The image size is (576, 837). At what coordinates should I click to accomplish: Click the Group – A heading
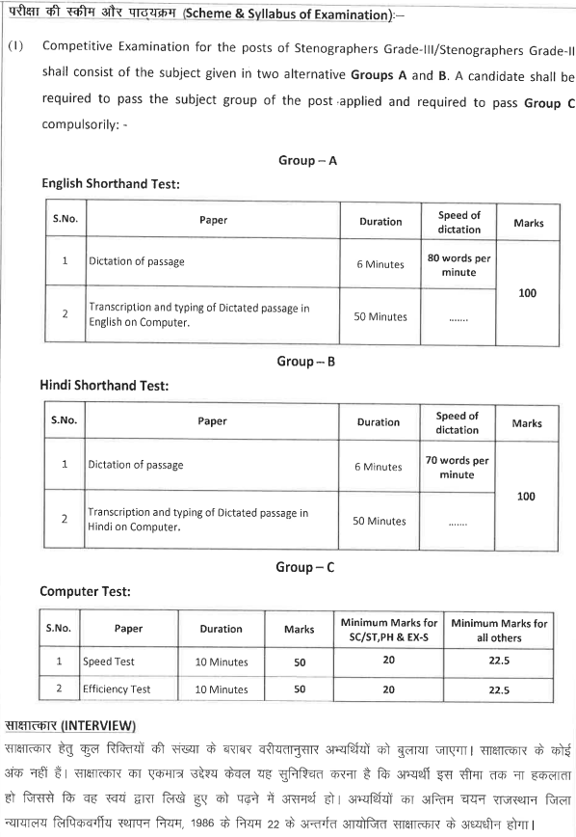307,161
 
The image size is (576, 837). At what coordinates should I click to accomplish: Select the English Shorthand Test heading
111,182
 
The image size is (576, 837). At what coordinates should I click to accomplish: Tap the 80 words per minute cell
458,265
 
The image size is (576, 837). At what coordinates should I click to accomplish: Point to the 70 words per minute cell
457,468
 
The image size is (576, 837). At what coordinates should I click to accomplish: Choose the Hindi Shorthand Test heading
104,385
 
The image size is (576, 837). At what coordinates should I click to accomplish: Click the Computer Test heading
85,591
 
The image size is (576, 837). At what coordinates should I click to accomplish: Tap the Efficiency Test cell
117,689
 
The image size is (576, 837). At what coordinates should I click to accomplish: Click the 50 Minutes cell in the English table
380,317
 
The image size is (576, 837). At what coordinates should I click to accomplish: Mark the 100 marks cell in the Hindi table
526,497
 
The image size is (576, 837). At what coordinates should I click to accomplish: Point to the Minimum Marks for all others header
499,630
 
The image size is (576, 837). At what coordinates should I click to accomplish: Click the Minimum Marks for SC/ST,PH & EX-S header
388,630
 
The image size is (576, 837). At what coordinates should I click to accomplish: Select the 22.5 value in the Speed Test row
499,661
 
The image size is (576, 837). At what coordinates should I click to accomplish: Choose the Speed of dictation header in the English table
458,222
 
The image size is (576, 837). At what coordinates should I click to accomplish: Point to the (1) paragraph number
14,46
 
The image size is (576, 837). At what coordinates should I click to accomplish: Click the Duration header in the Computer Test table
221,629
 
